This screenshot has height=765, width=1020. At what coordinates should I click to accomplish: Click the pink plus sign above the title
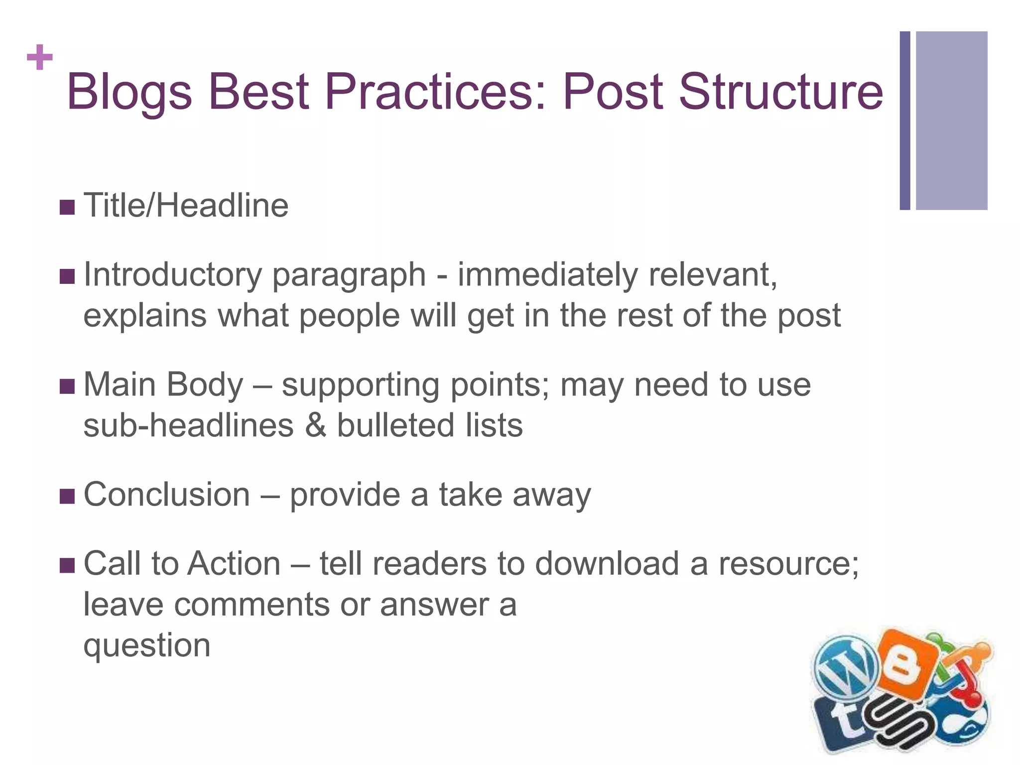[40, 58]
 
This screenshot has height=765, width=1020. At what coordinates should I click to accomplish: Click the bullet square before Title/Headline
[67, 207]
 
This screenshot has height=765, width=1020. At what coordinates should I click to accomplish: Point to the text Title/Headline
[186, 205]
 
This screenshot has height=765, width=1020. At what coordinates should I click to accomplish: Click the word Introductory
[172, 275]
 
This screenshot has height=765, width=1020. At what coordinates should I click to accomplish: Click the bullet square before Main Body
[67, 386]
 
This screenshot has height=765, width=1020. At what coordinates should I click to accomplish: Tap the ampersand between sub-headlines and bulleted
[315, 425]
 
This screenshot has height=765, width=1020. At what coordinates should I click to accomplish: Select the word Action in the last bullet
[235, 564]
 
